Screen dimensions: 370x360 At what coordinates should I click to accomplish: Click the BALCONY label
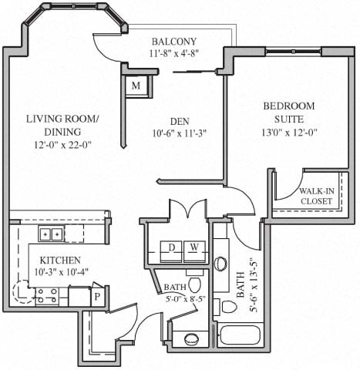(173, 41)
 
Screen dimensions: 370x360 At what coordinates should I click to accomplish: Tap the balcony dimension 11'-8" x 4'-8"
(173, 55)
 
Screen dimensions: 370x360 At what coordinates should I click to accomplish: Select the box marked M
(136, 86)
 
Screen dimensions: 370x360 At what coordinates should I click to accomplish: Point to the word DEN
(180, 119)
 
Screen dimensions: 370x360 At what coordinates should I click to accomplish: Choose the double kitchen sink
(52, 234)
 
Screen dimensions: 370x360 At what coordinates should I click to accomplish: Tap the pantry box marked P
(98, 296)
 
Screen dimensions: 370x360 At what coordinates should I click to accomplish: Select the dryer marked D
(171, 247)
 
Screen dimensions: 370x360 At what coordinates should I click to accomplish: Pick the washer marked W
(195, 247)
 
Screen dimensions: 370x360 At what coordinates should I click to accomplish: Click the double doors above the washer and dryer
(187, 210)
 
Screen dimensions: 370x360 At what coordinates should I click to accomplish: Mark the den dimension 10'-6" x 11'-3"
(180, 132)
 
